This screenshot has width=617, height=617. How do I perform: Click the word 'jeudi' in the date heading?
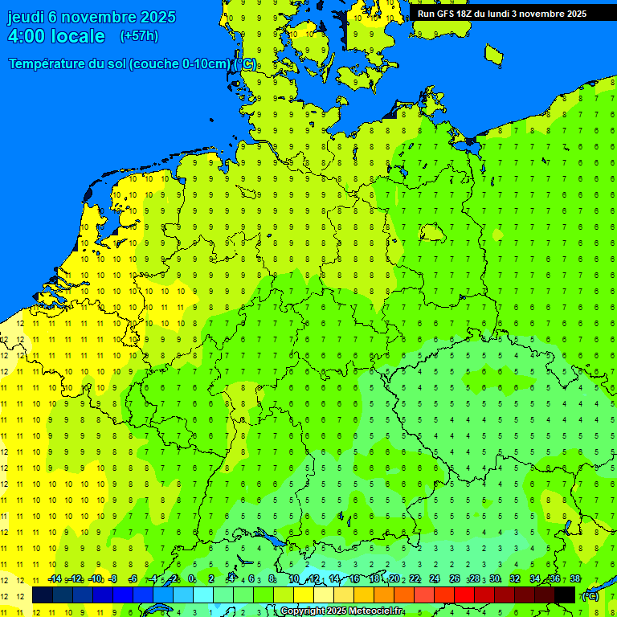[x=26, y=17]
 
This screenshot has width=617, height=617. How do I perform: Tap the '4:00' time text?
[x=26, y=36]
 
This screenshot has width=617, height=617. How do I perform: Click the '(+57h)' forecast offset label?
[x=139, y=36]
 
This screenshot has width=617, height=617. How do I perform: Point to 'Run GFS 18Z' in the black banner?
[x=445, y=14]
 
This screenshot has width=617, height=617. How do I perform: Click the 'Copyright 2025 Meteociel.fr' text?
[x=341, y=611]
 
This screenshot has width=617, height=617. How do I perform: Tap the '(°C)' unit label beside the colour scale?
[x=590, y=595]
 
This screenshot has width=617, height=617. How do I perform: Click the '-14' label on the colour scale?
[x=55, y=579]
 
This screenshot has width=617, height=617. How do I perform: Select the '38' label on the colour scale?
[x=574, y=579]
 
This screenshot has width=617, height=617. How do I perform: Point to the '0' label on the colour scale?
[x=191, y=579]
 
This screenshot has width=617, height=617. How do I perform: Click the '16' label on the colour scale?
[x=353, y=579]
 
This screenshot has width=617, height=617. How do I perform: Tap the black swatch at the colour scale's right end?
[x=565, y=595]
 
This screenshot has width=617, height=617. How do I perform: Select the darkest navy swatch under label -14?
[x=43, y=595]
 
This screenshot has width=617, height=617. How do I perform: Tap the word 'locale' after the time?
[x=78, y=36]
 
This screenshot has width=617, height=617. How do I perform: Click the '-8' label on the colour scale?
[x=112, y=579]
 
